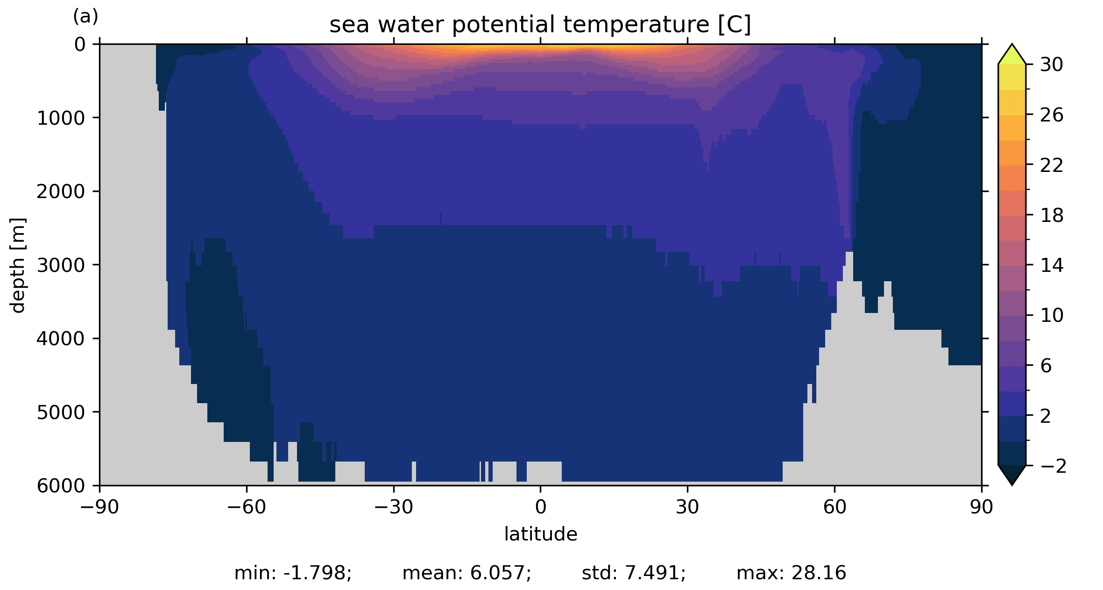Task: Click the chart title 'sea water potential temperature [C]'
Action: pyautogui.click(x=540, y=25)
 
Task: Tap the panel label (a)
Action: pyautogui.click(x=85, y=17)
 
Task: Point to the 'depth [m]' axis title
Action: pyautogui.click(x=18, y=265)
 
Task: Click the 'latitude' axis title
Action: pyautogui.click(x=540, y=534)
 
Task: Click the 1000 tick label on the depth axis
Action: pyautogui.click(x=61, y=119)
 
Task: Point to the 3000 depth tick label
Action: pyautogui.click(x=61, y=265)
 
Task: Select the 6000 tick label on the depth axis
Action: pyautogui.click(x=61, y=486)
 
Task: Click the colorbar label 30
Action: pyautogui.click(x=1052, y=65)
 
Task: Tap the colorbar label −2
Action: pyautogui.click(x=1053, y=466)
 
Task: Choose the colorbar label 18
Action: pyautogui.click(x=1052, y=216)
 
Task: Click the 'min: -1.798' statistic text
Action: pyautogui.click(x=293, y=573)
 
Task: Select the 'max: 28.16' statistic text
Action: pyautogui.click(x=791, y=573)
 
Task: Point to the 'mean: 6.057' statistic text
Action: pyautogui.click(x=467, y=573)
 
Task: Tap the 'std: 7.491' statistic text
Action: pyautogui.click(x=634, y=573)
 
